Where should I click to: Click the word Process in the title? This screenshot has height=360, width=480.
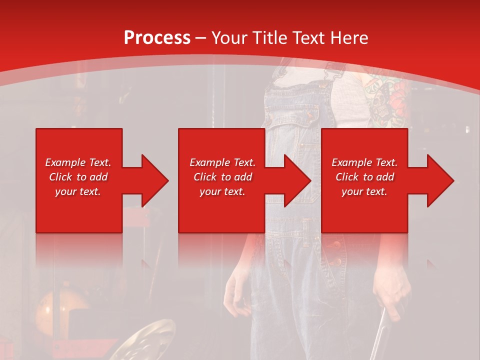click(157, 38)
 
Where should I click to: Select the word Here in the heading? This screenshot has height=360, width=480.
click(348, 38)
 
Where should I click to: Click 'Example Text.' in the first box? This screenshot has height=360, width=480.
click(78, 162)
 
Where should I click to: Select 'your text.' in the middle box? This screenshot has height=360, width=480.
click(222, 191)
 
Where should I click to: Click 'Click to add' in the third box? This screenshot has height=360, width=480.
click(364, 177)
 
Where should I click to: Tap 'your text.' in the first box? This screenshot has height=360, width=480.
click(78, 191)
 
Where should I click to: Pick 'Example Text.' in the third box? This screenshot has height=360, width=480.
click(364, 162)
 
